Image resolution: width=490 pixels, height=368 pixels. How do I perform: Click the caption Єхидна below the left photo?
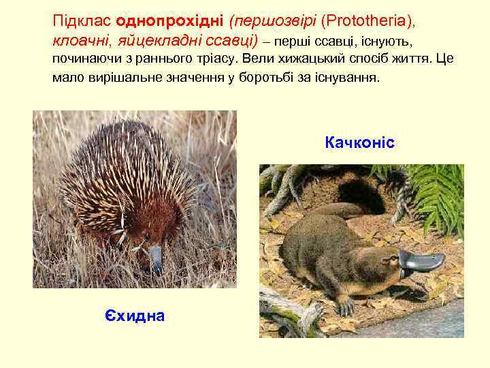[135, 315]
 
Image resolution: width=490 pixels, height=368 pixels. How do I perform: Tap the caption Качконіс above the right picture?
[359, 143]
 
